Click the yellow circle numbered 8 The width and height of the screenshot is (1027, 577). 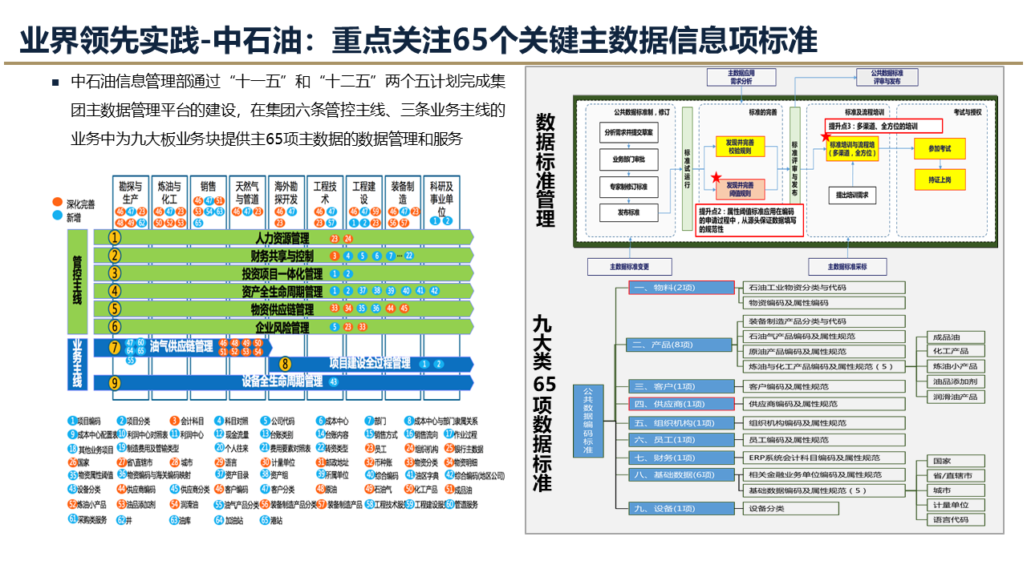click(285, 364)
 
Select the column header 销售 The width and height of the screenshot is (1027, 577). click(208, 186)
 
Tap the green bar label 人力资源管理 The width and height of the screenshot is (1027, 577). click(282, 238)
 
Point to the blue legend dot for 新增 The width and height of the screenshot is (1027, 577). click(56, 216)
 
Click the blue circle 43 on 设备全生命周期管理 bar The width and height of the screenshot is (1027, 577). click(333, 382)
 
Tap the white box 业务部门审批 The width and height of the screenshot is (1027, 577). click(634, 159)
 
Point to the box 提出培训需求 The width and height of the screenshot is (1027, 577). click(855, 195)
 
